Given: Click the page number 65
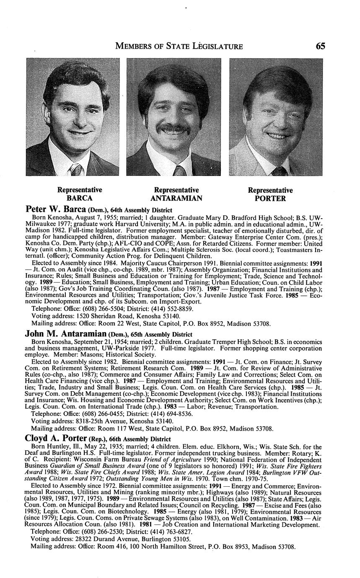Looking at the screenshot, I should [x=321, y=46].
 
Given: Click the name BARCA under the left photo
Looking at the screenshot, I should [x=80, y=198].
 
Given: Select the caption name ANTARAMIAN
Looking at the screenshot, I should [x=176, y=198].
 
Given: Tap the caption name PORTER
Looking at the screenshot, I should [x=270, y=199].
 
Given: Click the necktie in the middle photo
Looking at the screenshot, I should [x=179, y=171].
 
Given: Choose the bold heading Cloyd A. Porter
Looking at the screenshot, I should [x=56, y=439].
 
